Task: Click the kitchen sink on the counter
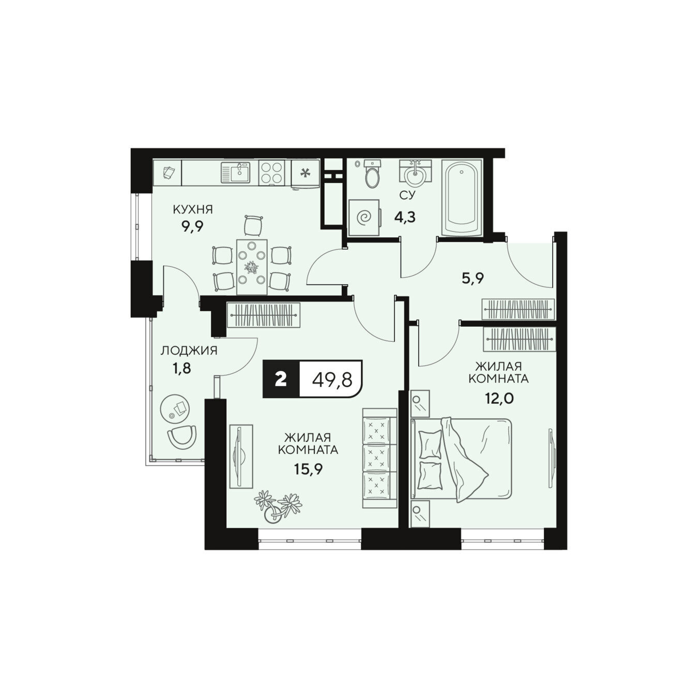tap(235, 172)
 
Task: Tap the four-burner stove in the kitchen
tap(271, 172)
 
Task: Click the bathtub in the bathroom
tap(462, 196)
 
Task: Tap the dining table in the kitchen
tap(252, 267)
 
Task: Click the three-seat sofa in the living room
tap(380, 458)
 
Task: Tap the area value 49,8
tap(332, 380)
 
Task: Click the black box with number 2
tap(281, 379)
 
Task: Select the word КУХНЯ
tap(192, 209)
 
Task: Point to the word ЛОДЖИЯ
tap(189, 351)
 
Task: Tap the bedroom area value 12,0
tap(499, 399)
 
